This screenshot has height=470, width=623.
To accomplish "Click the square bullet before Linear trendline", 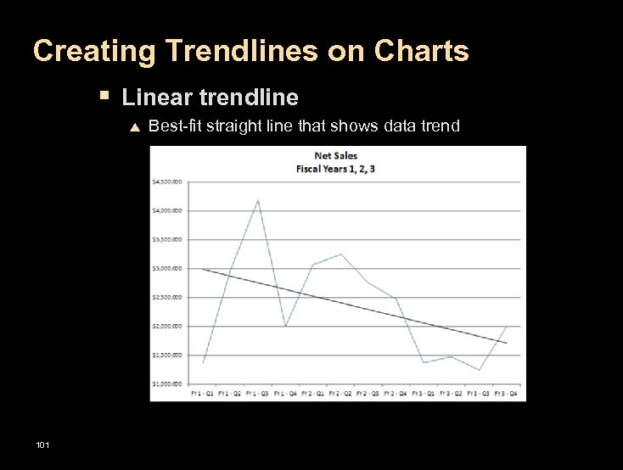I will point(104,96).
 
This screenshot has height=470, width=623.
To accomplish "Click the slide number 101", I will point(42,445).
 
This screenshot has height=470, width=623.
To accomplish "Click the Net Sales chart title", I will point(335,156).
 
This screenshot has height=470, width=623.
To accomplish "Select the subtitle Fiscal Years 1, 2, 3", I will point(335,168).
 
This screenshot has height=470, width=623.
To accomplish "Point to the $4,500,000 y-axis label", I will point(167,181).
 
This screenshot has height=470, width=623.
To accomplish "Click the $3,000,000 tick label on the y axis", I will point(167,268).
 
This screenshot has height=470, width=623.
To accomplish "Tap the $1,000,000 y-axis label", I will point(167,384).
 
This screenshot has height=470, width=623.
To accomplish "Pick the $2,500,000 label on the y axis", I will point(167,297).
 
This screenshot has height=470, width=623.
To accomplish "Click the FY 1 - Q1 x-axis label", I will point(204,393).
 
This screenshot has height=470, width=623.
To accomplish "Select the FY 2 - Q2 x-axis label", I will point(341,393).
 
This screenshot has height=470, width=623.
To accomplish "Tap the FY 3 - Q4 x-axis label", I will point(507,393).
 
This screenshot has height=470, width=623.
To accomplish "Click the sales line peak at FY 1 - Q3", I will point(258,199).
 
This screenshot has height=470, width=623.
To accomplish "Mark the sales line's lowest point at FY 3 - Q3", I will point(479,370).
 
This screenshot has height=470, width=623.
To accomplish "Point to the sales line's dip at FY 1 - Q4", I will point(286,326).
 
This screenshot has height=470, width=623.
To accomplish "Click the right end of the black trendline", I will point(507,343).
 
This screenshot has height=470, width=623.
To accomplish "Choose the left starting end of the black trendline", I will point(203,269).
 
